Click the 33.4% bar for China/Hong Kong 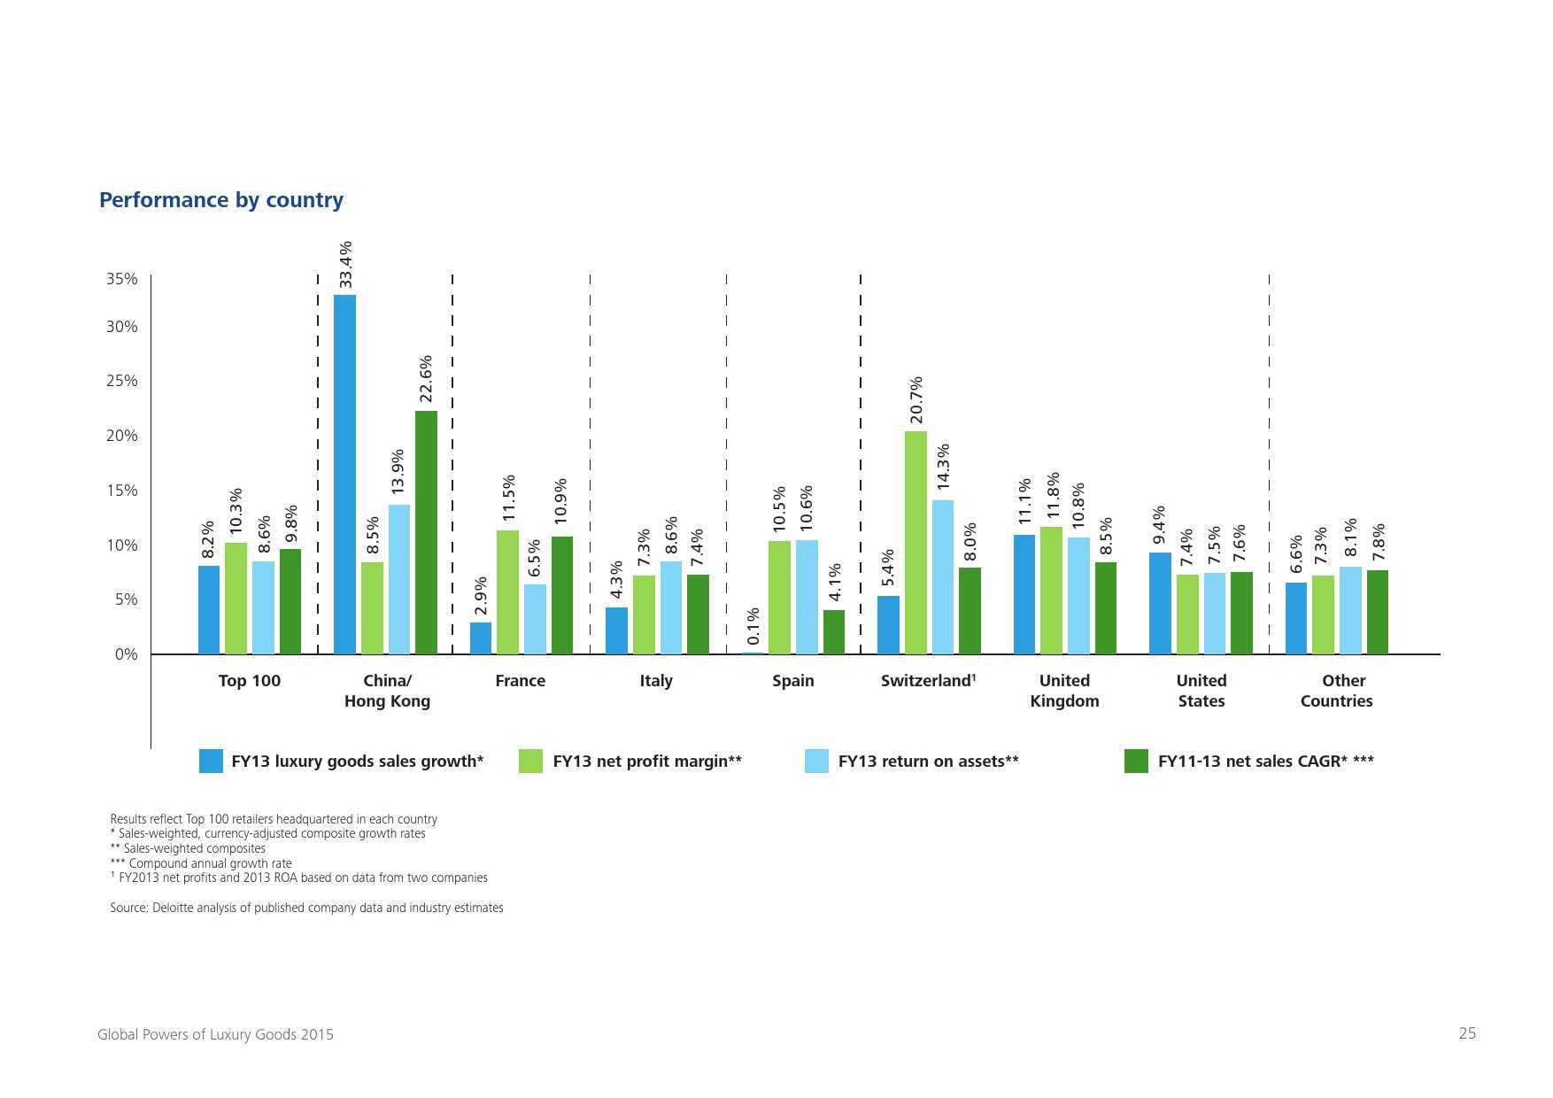(x=344, y=475)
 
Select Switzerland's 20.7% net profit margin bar (x=916, y=543)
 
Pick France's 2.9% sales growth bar (x=480, y=638)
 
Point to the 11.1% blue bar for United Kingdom (x=1024, y=594)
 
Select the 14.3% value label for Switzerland (x=943, y=466)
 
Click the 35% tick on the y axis (x=122, y=279)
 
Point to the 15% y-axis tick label (x=122, y=491)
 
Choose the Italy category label (x=656, y=680)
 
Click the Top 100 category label (x=250, y=680)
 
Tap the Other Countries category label (x=1337, y=691)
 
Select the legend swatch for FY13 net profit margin (x=530, y=761)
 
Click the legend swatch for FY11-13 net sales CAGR (x=1136, y=761)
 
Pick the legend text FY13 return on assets (x=928, y=761)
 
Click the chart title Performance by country (x=221, y=200)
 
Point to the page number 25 (x=1467, y=1033)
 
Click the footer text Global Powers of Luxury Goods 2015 (x=215, y=1034)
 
